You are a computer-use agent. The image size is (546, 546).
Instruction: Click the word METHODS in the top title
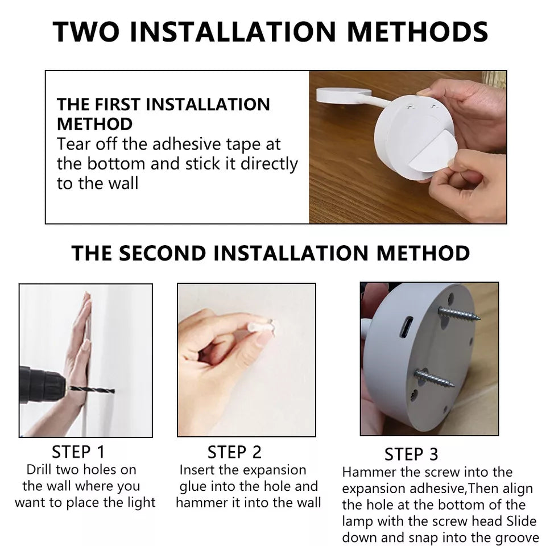click(417, 32)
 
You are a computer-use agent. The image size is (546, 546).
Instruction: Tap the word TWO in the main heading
click(86, 32)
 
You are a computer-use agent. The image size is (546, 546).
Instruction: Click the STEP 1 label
click(78, 452)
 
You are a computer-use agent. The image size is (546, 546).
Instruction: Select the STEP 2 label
click(234, 452)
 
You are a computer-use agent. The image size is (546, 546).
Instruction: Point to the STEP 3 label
click(411, 454)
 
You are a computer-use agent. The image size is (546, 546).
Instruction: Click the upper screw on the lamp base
click(458, 314)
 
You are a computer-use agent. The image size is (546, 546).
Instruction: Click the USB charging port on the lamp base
click(406, 328)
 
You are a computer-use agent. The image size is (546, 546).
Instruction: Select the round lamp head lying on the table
click(344, 95)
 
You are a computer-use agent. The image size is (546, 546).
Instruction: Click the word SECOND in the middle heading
click(162, 253)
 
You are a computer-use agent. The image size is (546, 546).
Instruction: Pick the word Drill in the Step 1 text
click(38, 470)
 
